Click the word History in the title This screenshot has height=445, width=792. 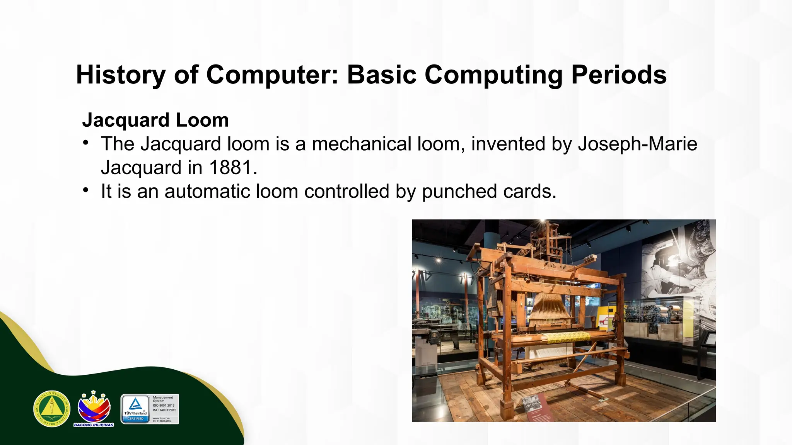121,75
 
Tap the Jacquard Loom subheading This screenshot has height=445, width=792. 155,120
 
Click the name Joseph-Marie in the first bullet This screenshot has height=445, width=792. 637,144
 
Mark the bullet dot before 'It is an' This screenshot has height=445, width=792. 86,190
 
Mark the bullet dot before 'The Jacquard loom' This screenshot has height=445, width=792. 86,143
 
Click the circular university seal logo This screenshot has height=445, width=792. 52,409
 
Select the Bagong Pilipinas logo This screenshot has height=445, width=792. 94,409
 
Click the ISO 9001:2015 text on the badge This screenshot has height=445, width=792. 164,406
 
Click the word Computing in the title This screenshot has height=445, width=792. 493,75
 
